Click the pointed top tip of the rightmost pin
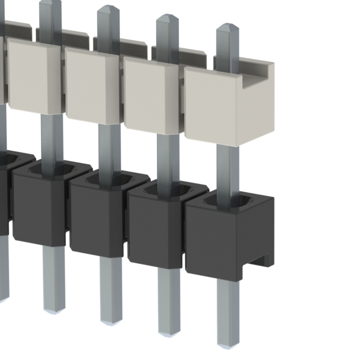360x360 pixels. (x=227, y=27)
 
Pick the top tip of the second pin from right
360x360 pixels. (x=167, y=18)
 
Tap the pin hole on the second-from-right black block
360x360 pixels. (x=168, y=191)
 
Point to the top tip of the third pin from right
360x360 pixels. (x=108, y=9)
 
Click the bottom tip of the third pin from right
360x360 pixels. (x=110, y=321)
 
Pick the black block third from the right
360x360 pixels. (x=96, y=219)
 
